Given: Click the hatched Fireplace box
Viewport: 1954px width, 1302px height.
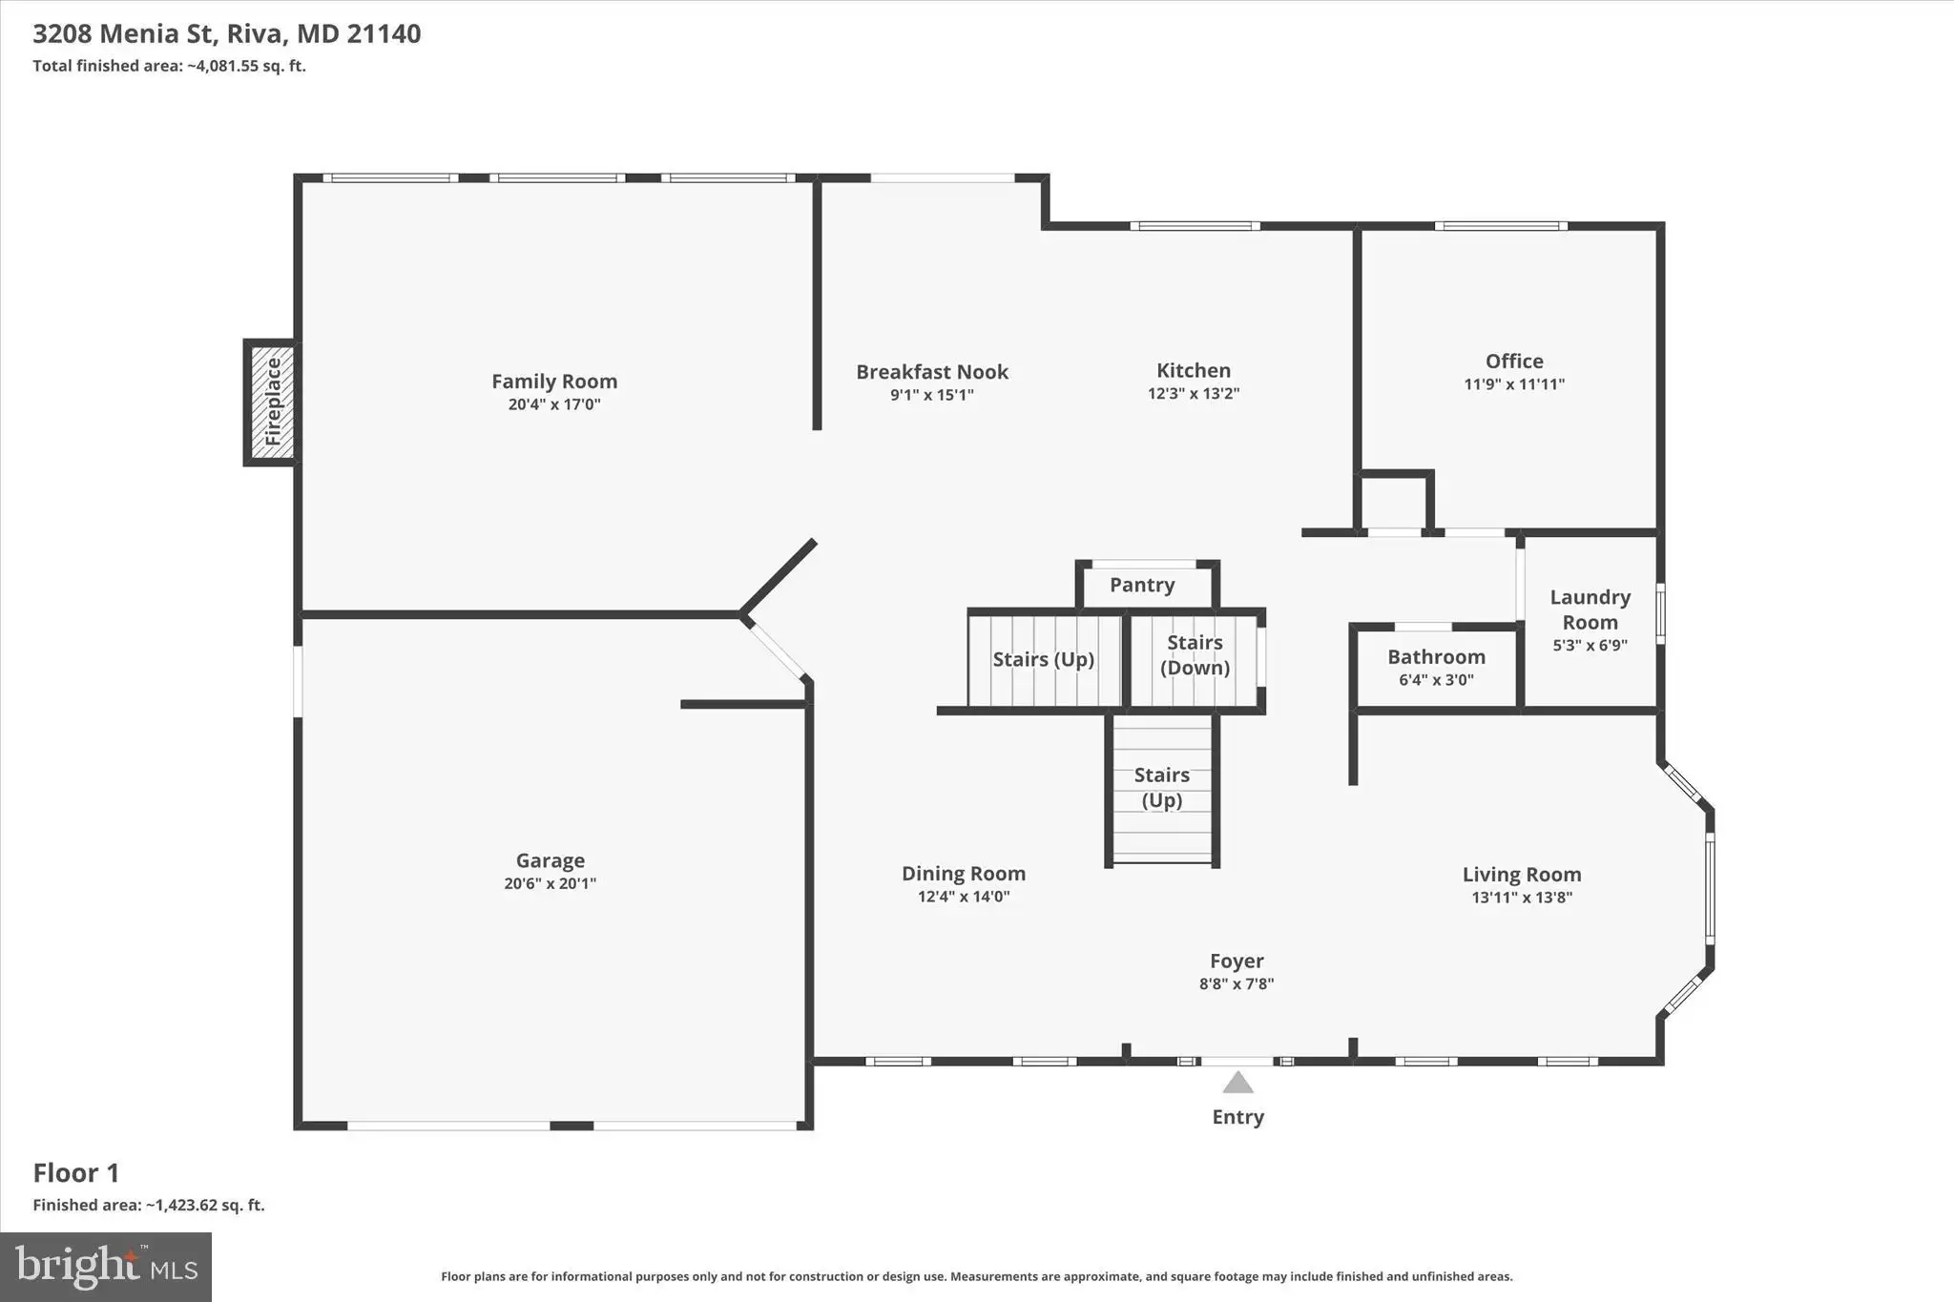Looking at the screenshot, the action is (272, 402).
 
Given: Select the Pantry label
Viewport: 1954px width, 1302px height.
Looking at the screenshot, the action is (1142, 585).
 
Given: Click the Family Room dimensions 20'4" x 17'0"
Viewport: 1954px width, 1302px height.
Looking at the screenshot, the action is (554, 404).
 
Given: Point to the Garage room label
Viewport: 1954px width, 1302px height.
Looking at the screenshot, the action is (551, 860).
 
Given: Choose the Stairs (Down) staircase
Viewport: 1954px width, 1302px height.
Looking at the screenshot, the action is (1195, 660).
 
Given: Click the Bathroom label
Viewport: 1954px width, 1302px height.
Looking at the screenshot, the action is (1436, 656).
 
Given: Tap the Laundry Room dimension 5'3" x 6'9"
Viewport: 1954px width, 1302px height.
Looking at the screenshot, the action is (1590, 645).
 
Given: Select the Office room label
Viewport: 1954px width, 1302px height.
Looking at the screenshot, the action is (1514, 361).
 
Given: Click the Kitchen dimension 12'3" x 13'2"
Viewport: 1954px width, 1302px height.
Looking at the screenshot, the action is (1194, 393).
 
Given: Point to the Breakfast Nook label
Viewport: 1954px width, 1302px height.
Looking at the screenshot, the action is (932, 372).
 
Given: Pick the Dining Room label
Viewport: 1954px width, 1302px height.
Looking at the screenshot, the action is (964, 874).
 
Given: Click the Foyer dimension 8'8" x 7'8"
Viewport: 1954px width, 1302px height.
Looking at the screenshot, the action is (1237, 984).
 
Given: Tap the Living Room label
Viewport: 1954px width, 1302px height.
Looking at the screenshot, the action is (1522, 875).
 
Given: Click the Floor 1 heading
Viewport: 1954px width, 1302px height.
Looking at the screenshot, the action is (76, 1172).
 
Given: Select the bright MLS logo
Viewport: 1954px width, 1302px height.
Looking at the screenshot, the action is (106, 1267).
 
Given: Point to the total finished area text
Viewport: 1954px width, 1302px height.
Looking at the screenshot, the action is (169, 66).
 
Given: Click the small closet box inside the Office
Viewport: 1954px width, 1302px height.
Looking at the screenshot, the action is (1395, 501).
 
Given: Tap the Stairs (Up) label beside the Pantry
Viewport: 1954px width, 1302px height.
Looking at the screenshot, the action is (1043, 659).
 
